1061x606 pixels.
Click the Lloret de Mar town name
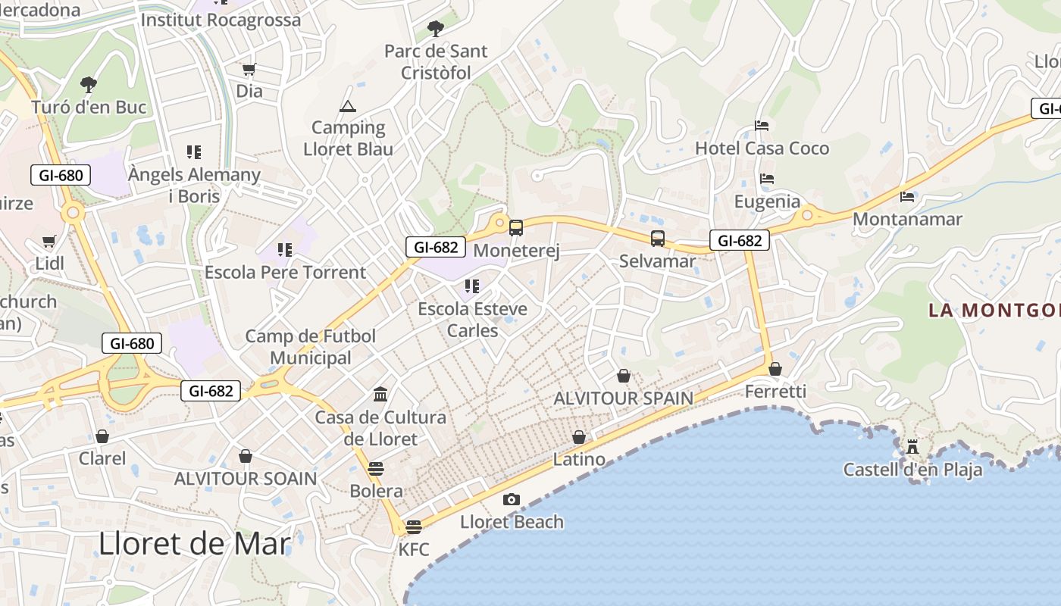tap(195, 544)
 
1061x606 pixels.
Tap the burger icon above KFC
tap(413, 526)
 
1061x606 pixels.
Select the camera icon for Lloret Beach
tap(512, 499)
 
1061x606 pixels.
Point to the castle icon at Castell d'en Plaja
tap(912, 446)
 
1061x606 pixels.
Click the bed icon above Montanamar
tap(907, 197)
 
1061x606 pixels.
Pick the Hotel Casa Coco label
tap(762, 148)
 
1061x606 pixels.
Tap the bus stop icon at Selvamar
tap(658, 239)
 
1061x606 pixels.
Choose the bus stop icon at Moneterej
tap(516, 227)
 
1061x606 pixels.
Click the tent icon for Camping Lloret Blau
tap(348, 106)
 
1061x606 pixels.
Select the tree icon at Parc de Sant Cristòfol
tap(435, 29)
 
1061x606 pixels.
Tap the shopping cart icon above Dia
tap(249, 70)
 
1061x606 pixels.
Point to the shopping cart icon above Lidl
tap(49, 242)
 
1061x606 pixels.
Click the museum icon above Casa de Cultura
tap(380, 394)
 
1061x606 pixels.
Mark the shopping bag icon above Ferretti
tap(775, 369)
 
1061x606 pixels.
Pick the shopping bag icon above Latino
tap(579, 437)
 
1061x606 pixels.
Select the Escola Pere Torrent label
tap(285, 272)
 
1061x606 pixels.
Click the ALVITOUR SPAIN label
tap(623, 398)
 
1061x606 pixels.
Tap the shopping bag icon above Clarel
tap(102, 436)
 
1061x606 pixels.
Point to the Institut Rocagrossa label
tap(221, 20)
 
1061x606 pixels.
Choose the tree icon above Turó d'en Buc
tap(89, 83)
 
